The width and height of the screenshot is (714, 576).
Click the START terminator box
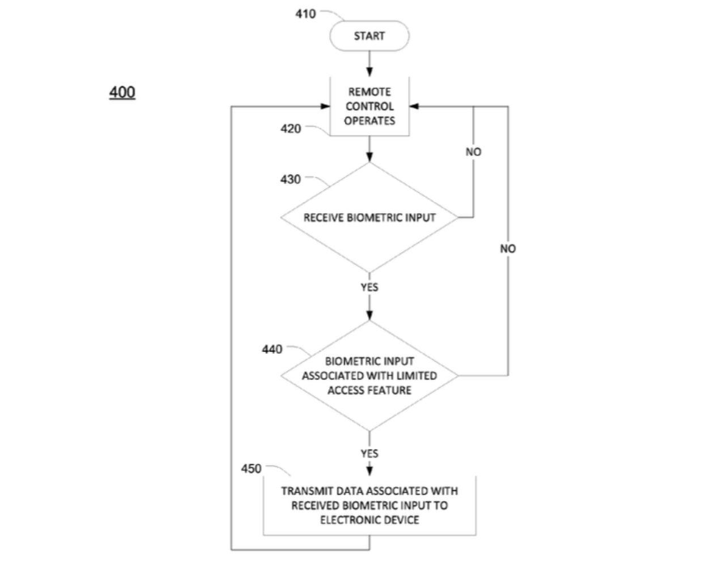(x=369, y=36)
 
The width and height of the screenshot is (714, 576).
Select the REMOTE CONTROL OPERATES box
(x=369, y=106)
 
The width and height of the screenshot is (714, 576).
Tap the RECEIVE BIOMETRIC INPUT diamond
(x=369, y=218)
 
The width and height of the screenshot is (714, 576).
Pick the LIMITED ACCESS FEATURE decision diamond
(x=369, y=375)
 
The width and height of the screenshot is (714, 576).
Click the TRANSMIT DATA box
(x=369, y=505)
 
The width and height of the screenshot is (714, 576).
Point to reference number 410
(x=305, y=14)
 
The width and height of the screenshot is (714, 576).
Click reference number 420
(x=291, y=129)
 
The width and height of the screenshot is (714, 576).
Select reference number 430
(x=290, y=179)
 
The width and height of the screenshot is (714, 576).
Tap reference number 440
(x=272, y=349)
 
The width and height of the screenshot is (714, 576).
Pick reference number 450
(x=251, y=469)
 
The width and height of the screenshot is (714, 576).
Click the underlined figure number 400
(x=122, y=92)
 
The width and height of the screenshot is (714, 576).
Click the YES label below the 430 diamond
(x=369, y=287)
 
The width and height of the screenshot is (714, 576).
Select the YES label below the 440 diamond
(x=369, y=454)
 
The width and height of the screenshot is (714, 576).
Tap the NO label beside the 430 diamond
(x=473, y=152)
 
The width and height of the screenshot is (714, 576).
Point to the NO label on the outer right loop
(x=508, y=248)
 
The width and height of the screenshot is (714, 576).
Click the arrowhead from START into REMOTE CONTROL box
(x=369, y=72)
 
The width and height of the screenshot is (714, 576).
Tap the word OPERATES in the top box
(x=369, y=121)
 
